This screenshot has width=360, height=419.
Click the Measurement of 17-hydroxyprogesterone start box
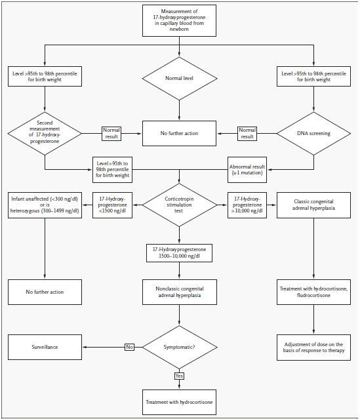pyautogui.click(x=179, y=20)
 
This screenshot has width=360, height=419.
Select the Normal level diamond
pyautogui.click(x=179, y=78)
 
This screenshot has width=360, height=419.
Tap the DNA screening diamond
pyautogui.click(x=313, y=133)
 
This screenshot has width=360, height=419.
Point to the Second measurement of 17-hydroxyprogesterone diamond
pyautogui.click(x=45, y=133)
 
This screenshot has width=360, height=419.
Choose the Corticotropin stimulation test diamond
pyautogui.click(x=179, y=205)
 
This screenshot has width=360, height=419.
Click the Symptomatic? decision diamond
pyautogui.click(x=179, y=347)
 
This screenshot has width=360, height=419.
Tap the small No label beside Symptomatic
pyautogui.click(x=130, y=347)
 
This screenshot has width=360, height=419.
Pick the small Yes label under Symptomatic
pyautogui.click(x=179, y=376)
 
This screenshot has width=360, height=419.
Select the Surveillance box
pyautogui.click(x=45, y=347)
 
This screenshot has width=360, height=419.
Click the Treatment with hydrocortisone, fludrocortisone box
pyautogui.click(x=313, y=292)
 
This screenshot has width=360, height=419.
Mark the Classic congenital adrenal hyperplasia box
pyautogui.click(x=313, y=205)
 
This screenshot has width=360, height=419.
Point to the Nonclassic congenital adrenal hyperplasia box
pyautogui.click(x=180, y=292)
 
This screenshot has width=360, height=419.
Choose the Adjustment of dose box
pyautogui.click(x=313, y=348)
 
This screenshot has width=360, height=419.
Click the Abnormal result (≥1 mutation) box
pyautogui.click(x=247, y=170)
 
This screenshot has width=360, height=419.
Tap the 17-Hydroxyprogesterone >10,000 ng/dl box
pyautogui.click(x=247, y=205)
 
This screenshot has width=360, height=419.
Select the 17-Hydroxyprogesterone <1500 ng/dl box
pyautogui.click(x=113, y=205)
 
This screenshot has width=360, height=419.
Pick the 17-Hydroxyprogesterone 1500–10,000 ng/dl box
pyautogui.click(x=179, y=253)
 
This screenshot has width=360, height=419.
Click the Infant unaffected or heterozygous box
pyautogui.click(x=45, y=205)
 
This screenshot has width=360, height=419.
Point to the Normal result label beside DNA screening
pyautogui.click(x=247, y=133)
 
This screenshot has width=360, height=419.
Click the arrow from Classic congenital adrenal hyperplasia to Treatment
pyautogui.click(x=313, y=249)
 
